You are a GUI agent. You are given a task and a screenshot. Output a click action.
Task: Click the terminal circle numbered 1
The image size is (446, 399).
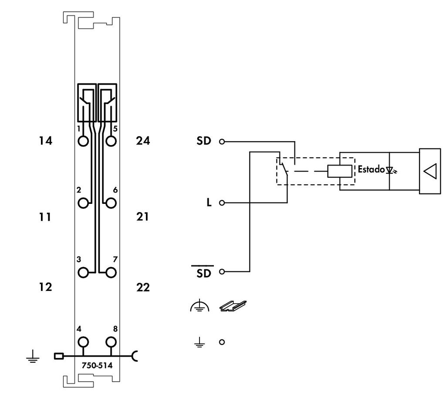tap(83, 141)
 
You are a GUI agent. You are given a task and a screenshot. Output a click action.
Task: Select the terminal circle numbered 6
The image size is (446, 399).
tap(111, 203)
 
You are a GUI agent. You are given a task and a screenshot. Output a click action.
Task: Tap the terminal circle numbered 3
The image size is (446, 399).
tap(83, 272)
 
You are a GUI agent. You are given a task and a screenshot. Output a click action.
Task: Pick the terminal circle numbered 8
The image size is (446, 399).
tap(111, 341)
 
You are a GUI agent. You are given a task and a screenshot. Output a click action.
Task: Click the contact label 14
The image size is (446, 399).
tap(45, 141)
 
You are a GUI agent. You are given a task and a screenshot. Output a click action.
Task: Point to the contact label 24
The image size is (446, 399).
tap(143, 141)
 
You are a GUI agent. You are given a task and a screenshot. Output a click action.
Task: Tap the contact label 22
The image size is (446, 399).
tap(143, 287)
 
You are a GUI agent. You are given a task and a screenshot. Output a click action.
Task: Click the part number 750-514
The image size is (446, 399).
tap(97, 365)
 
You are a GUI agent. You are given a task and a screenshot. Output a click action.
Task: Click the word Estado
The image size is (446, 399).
tap(371, 169)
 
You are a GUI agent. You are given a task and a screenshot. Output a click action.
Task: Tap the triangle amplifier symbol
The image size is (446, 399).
tap(430, 171)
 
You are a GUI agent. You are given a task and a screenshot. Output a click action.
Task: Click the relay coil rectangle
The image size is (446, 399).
tap(340, 171)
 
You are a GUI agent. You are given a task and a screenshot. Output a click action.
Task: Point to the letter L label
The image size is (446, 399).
tap(209, 203)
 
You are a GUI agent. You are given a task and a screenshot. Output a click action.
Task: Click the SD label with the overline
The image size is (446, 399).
tap(203, 273)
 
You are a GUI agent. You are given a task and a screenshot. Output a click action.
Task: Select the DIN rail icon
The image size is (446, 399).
tap(233, 307)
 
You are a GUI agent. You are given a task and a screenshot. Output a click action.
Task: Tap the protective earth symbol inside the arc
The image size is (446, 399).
tap(199, 307)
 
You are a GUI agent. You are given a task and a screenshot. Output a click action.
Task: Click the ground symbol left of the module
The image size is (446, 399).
tap(32, 358)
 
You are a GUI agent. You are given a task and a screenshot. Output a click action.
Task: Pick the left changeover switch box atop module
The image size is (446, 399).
tap(87, 103)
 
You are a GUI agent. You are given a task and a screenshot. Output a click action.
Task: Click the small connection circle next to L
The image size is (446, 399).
tap(222, 203)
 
